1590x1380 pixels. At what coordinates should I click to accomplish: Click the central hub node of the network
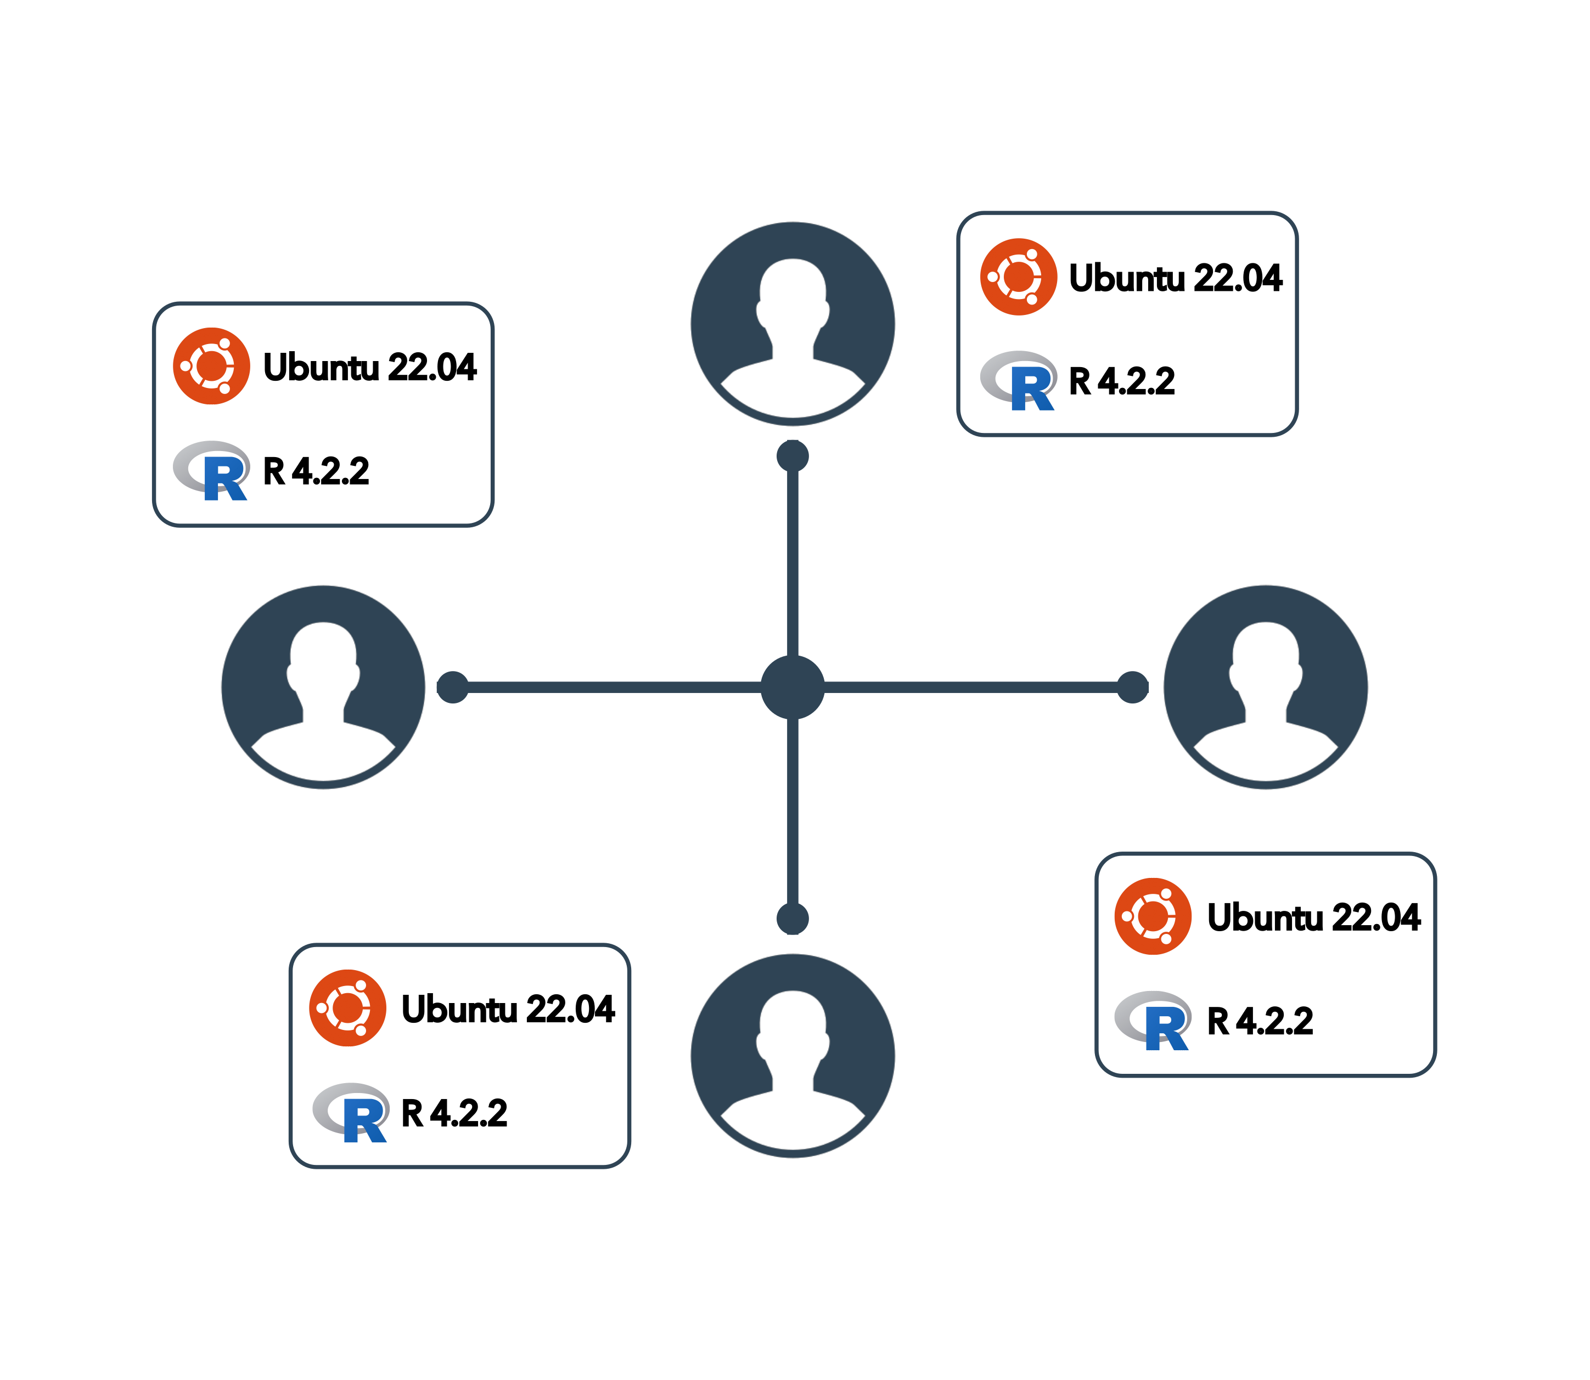coord(792,687)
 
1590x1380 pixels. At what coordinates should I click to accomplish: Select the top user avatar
coord(792,323)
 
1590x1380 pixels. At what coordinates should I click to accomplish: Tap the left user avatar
coord(323,687)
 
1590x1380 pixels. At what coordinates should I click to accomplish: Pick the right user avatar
coord(1265,687)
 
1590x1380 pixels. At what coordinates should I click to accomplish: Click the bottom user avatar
coord(792,1055)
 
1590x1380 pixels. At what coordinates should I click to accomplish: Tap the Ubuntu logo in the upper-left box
coord(211,366)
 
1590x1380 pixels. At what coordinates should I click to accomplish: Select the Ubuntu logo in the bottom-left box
coord(347,1007)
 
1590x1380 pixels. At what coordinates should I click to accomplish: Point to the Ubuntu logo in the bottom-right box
coord(1153,916)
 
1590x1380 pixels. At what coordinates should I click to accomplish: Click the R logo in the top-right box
coord(1019,380)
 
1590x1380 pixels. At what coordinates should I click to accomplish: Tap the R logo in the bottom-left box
coord(351,1112)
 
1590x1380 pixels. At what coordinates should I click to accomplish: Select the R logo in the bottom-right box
coord(1153,1021)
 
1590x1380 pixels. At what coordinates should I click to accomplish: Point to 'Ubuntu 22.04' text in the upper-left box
coord(370,367)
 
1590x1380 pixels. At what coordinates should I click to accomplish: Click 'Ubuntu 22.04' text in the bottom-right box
coord(1313,916)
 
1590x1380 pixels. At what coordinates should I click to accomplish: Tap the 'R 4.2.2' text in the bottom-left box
coord(454,1113)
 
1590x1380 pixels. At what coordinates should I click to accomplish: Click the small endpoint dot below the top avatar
coord(792,456)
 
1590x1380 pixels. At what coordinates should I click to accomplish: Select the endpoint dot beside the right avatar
coord(1132,687)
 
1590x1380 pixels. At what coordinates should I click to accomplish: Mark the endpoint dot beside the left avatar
coord(452,687)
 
